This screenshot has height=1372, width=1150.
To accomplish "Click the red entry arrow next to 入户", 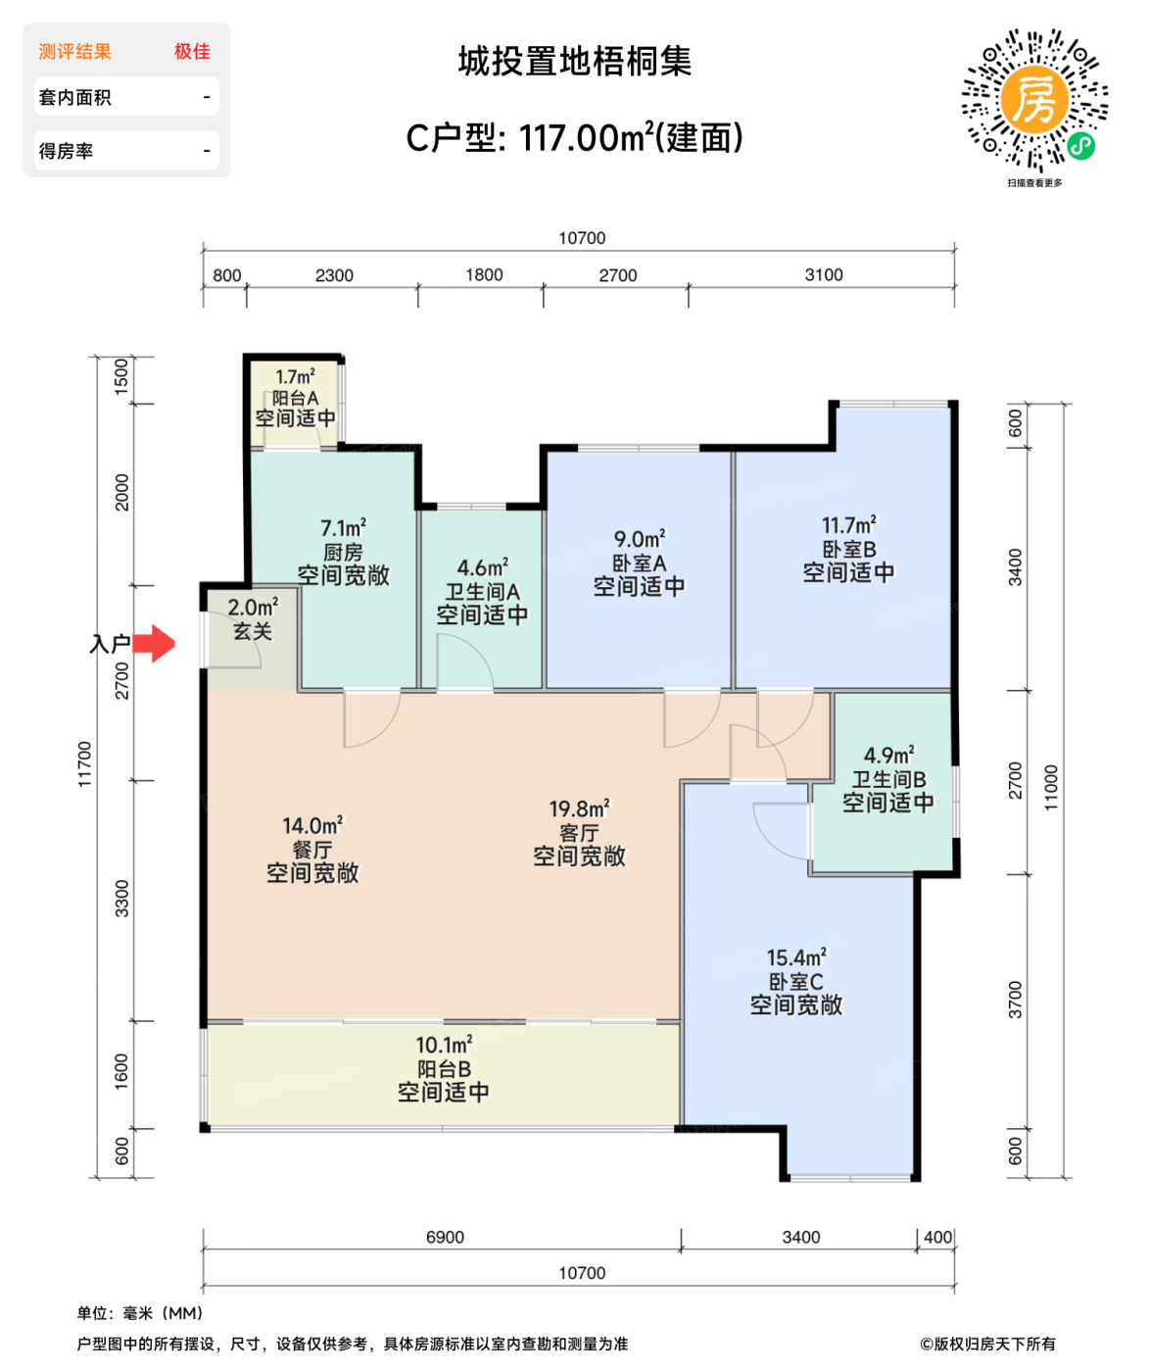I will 154,644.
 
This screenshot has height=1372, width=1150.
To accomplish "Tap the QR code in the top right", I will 1034,100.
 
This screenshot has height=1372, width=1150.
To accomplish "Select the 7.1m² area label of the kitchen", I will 343,528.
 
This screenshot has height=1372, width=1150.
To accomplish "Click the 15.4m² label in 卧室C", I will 795,957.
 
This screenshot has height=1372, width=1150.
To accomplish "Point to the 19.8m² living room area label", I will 578,809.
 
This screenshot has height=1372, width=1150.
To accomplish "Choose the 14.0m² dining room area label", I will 312,826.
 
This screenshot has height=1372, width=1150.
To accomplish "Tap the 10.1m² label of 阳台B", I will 444,1046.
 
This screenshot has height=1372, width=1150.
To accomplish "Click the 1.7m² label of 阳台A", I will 295,377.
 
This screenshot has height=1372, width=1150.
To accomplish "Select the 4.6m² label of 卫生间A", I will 482,568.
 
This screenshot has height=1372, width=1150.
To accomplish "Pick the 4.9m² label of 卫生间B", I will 888,756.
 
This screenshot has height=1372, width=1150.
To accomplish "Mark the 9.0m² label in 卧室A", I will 639,540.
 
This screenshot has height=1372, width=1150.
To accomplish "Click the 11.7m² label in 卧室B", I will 848,526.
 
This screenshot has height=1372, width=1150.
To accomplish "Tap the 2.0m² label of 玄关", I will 253,608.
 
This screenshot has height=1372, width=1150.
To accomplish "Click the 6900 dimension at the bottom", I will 445,1238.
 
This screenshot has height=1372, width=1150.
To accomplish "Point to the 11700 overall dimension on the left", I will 85,764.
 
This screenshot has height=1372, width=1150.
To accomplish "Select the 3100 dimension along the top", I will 823,275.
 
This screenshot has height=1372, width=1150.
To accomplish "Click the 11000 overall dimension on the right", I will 1051,787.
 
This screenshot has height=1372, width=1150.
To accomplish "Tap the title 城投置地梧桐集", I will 575,62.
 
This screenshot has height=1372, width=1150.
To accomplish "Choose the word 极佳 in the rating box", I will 192,52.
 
